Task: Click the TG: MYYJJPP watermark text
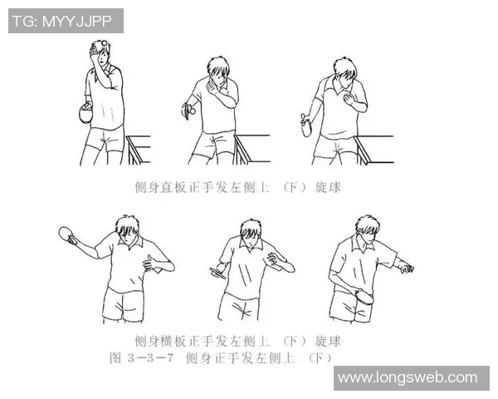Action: click(x=66, y=20)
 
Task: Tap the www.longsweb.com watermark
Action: click(x=408, y=377)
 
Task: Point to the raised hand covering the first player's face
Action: click(x=98, y=55)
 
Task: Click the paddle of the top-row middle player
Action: click(x=189, y=108)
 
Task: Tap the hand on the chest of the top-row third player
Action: click(x=359, y=101)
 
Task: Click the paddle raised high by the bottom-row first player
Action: click(x=68, y=236)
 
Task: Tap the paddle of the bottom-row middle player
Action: click(x=217, y=272)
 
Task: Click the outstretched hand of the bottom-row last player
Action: click(x=405, y=268)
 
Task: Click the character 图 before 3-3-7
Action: click(x=117, y=357)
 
